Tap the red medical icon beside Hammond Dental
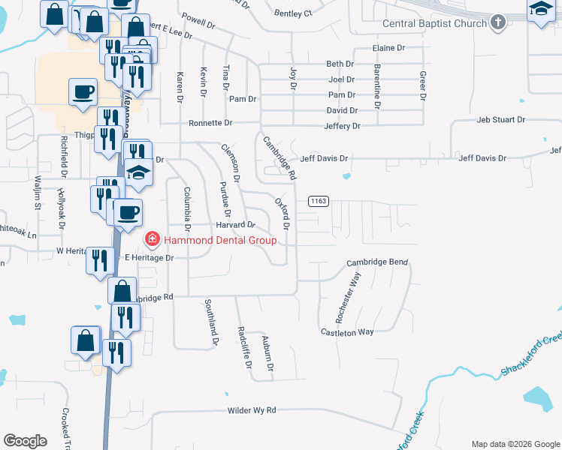pos(152,239)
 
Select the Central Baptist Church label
pos(435,23)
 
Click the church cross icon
pos(497,23)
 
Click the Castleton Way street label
pos(346,331)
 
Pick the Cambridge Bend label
pos(376,262)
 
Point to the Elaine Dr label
pos(388,48)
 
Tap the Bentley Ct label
pos(292,13)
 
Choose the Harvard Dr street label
pos(236,224)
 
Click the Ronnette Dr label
pos(210,122)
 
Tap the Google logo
pos(26,441)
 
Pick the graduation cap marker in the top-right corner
pos(540,11)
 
